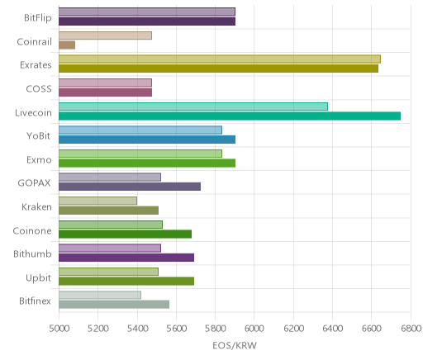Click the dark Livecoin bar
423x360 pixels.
[x=230, y=116]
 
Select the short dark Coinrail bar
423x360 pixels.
[x=67, y=45]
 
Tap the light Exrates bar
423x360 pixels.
[x=220, y=59]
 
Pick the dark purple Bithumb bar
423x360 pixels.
[x=126, y=258]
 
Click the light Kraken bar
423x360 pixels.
[x=97, y=201]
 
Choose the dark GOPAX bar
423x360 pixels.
[x=130, y=187]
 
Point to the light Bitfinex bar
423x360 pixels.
[x=100, y=295]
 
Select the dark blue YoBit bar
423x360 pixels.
[x=147, y=140]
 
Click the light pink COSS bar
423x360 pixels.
[x=105, y=83]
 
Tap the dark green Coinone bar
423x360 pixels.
[x=126, y=234]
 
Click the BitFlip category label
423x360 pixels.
[x=38, y=18]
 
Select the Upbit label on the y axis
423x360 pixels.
[x=38, y=278]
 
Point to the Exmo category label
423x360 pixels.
[x=39, y=160]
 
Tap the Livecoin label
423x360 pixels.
[x=33, y=113]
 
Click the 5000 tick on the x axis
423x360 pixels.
[x=59, y=329]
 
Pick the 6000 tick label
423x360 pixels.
[x=254, y=329]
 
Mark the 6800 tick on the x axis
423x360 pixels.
[x=411, y=329]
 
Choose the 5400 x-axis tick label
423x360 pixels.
[x=137, y=329]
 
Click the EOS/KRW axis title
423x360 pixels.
[x=235, y=345]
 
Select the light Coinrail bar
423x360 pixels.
[x=105, y=36]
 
